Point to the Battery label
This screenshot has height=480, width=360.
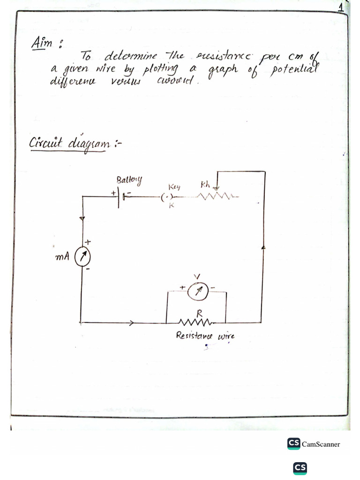pos(129,180)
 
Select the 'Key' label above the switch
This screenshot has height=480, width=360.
pos(168,187)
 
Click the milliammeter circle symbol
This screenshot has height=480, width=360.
pos(83,256)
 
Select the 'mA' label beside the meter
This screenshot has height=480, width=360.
pos(62,257)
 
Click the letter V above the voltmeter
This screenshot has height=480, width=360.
pos(197,276)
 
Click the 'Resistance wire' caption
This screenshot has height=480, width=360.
pos(204,336)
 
